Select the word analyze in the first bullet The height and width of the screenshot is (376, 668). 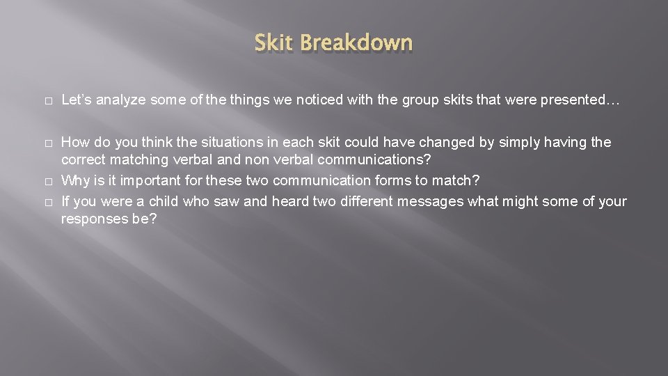tap(120, 100)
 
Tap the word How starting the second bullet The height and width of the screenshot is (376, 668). tap(74, 143)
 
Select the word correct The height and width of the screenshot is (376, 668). tap(83, 160)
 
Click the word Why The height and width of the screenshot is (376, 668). tap(74, 181)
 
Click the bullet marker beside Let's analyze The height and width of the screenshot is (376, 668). tap(46, 101)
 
